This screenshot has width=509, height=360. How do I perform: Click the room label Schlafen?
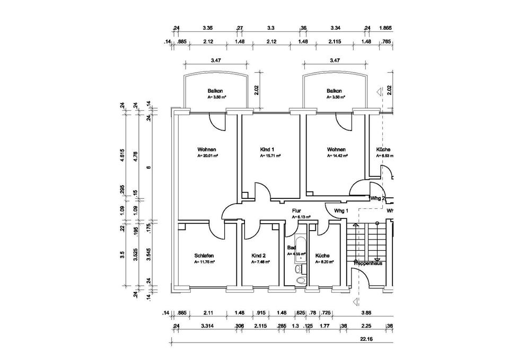click(x=204, y=256)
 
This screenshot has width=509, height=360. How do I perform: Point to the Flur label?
click(x=296, y=211)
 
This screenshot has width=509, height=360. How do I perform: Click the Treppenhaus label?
click(x=369, y=262)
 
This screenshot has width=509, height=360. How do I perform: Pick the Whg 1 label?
click(x=341, y=211)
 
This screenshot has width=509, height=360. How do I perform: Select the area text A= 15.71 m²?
click(x=270, y=156)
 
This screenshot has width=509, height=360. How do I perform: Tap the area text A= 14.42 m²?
click(x=337, y=156)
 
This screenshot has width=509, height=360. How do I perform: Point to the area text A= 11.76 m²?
click(x=204, y=262)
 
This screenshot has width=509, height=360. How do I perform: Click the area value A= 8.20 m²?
click(x=324, y=262)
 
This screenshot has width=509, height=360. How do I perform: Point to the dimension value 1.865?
click(x=387, y=28)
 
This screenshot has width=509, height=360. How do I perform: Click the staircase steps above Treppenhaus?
click(x=370, y=241)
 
